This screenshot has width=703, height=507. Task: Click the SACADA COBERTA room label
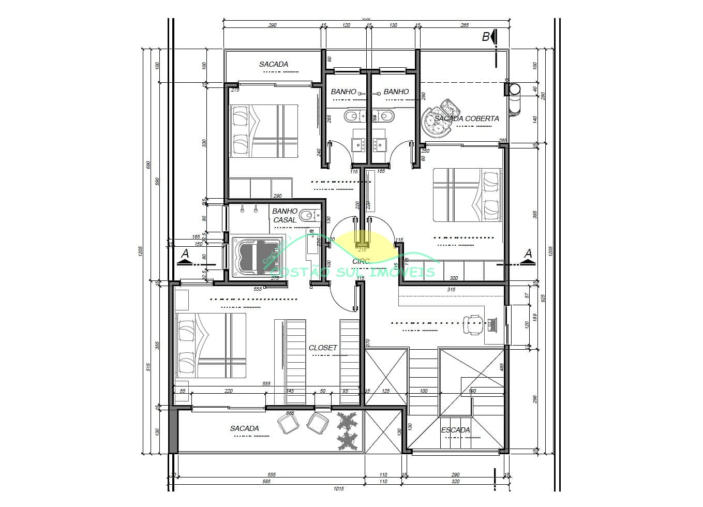pyautogui.click(x=466, y=118)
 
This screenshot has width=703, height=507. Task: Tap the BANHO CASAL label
pyautogui.click(x=285, y=215)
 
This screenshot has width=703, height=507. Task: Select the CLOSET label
pyautogui.click(x=323, y=348)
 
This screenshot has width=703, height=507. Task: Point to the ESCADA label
pyautogui.click(x=455, y=430)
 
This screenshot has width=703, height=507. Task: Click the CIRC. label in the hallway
pyautogui.click(x=361, y=262)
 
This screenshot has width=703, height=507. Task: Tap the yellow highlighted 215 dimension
pyautogui.click(x=362, y=249)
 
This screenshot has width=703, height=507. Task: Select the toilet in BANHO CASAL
pyautogui.click(x=309, y=215)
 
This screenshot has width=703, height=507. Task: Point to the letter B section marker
pyautogui.click(x=486, y=37)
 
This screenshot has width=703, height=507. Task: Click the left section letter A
pyautogui.click(x=185, y=253)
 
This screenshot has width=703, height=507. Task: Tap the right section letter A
pyautogui.click(x=528, y=253)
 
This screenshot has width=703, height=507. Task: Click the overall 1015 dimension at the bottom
pyautogui.click(x=338, y=488)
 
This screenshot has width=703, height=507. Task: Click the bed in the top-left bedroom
pyautogui.click(x=264, y=131)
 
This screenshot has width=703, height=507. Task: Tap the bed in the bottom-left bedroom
pyautogui.click(x=211, y=345)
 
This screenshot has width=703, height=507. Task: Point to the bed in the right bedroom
pyautogui.click(x=467, y=195)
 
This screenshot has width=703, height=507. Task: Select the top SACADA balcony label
pyautogui.click(x=274, y=64)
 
